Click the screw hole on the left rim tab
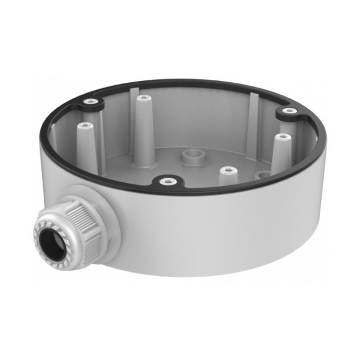[x=89, y=102]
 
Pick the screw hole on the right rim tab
[x=289, y=111]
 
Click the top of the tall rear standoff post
[x=142, y=97]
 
